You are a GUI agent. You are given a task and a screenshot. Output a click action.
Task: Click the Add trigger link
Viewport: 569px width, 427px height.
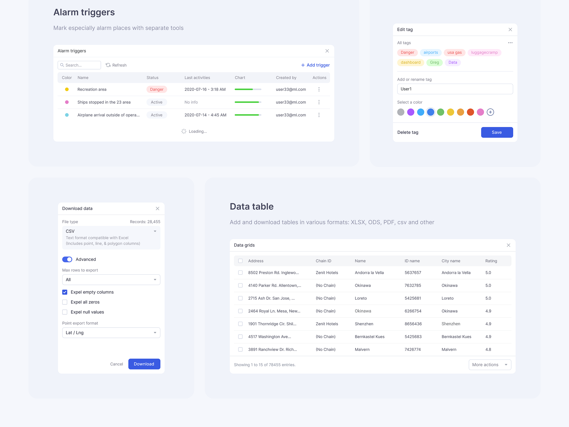pyautogui.click(x=315, y=65)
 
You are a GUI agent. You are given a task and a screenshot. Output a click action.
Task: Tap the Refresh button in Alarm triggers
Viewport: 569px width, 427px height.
pyautogui.click(x=116, y=65)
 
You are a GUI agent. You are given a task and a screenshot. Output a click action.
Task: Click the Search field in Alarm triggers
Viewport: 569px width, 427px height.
pyautogui.click(x=79, y=65)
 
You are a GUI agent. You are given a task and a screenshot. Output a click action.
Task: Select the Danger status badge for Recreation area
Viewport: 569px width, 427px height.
pyautogui.click(x=157, y=89)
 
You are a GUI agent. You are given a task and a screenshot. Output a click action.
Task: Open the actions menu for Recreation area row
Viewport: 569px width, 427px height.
pyautogui.click(x=319, y=89)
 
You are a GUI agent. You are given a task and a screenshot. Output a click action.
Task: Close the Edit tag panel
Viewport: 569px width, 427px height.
pyautogui.click(x=510, y=29)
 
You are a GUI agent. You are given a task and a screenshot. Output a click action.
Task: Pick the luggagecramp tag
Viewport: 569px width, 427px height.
pyautogui.click(x=484, y=53)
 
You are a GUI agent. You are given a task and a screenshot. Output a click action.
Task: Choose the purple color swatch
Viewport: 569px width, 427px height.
pyautogui.click(x=411, y=112)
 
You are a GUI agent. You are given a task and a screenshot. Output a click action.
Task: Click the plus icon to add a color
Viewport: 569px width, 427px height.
pyautogui.click(x=490, y=112)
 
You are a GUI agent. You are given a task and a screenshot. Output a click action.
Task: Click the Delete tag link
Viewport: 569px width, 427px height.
pyautogui.click(x=408, y=132)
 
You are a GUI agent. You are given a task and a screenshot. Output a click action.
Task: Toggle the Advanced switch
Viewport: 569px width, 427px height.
pyautogui.click(x=67, y=259)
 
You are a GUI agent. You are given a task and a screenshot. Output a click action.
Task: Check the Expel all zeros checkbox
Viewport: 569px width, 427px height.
pyautogui.click(x=65, y=302)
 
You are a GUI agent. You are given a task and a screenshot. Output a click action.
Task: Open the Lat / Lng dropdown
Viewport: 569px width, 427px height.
pyautogui.click(x=111, y=333)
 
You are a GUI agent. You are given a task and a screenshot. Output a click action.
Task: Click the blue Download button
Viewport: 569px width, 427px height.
pyautogui.click(x=144, y=364)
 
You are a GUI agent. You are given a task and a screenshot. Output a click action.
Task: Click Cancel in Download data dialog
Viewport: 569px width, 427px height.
pyautogui.click(x=116, y=364)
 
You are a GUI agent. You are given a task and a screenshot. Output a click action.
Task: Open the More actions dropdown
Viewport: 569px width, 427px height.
pyautogui.click(x=490, y=365)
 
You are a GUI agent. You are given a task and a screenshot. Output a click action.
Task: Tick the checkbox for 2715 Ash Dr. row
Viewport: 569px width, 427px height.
pyautogui.click(x=240, y=298)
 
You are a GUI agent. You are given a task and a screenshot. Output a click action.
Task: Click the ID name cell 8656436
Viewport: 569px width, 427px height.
pyautogui.click(x=413, y=324)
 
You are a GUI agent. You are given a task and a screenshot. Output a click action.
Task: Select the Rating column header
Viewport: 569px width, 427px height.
pyautogui.click(x=491, y=261)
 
